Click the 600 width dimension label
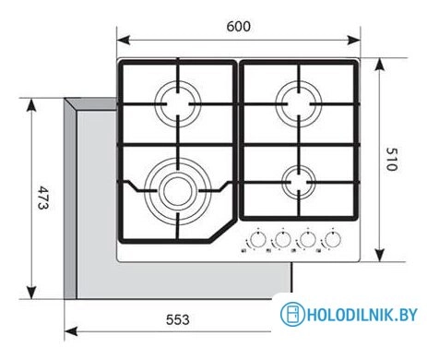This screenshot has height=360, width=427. point(239,27)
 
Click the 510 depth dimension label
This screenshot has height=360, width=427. point(392,160)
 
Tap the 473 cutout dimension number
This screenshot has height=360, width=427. point(42,198)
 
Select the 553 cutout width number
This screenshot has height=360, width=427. point(178,319)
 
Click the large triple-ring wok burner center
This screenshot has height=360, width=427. point(178,191)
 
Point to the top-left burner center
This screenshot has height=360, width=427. point(178,104)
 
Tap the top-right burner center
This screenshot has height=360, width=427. point(299,104)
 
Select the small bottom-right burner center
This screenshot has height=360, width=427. point(299,182)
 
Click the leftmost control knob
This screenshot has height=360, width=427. point(257,240)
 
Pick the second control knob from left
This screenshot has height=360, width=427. point(282,240)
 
